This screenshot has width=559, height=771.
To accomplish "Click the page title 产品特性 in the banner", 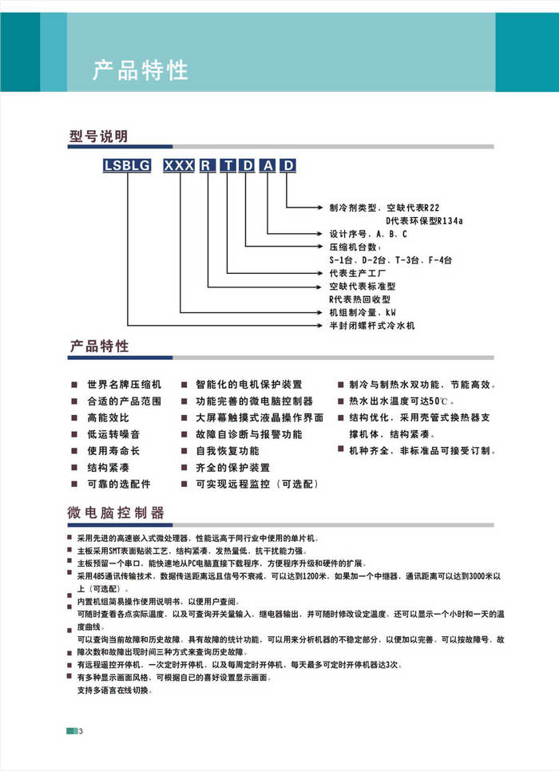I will (x=140, y=70).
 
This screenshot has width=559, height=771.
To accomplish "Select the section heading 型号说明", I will (x=98, y=136).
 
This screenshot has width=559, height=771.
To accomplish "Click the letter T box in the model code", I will (x=228, y=166).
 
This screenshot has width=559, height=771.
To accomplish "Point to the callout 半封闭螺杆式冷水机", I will (x=372, y=326).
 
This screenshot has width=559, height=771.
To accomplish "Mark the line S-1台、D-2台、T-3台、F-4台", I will (x=391, y=260).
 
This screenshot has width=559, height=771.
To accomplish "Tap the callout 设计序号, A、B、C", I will (x=368, y=234).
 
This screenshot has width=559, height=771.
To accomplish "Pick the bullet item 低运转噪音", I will (x=113, y=434).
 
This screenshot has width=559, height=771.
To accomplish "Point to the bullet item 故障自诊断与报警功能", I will (x=249, y=434).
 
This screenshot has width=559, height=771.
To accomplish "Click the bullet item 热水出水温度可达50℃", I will (x=399, y=401).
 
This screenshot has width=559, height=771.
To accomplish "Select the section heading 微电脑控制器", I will (x=117, y=512).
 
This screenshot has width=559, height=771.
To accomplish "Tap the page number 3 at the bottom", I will (x=81, y=732).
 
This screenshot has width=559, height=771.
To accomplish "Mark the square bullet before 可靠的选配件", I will (x=73, y=484).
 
